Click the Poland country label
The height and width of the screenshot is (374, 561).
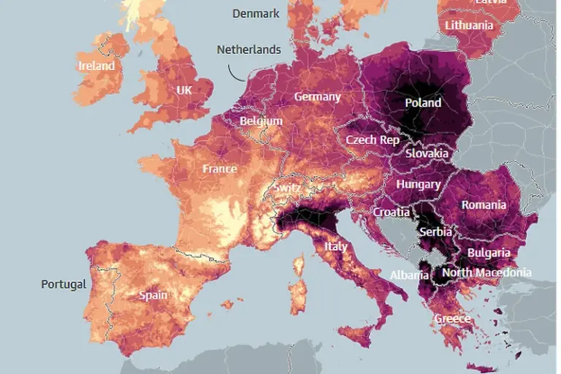pos(423,103)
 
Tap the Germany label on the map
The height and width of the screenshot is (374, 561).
pos(317,97)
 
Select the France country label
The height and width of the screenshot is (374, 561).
pos(219,169)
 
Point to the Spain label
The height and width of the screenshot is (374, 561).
pos(153,296)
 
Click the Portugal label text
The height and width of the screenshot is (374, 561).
pos(64,284)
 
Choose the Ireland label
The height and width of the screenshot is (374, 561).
pos(96,66)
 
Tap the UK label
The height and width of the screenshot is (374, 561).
pos(184,91)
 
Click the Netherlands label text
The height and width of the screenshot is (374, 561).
pos(248,50)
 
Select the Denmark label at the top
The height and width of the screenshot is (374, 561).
pos(256,14)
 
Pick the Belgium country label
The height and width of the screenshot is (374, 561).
pos(261,121)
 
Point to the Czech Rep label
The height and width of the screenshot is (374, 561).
pos(373,140)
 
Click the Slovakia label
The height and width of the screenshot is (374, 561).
pos(427,154)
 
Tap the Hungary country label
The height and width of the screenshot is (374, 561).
pos(418,185)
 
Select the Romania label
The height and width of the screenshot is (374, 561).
pos(483,205)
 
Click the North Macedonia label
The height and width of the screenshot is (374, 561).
pos(486,272)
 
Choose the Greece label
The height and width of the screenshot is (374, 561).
pos(452,319)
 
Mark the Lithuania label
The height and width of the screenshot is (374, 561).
pos(469,26)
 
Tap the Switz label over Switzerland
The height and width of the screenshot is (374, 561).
pos(286,188)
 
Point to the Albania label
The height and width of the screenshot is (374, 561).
pos(409,275)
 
